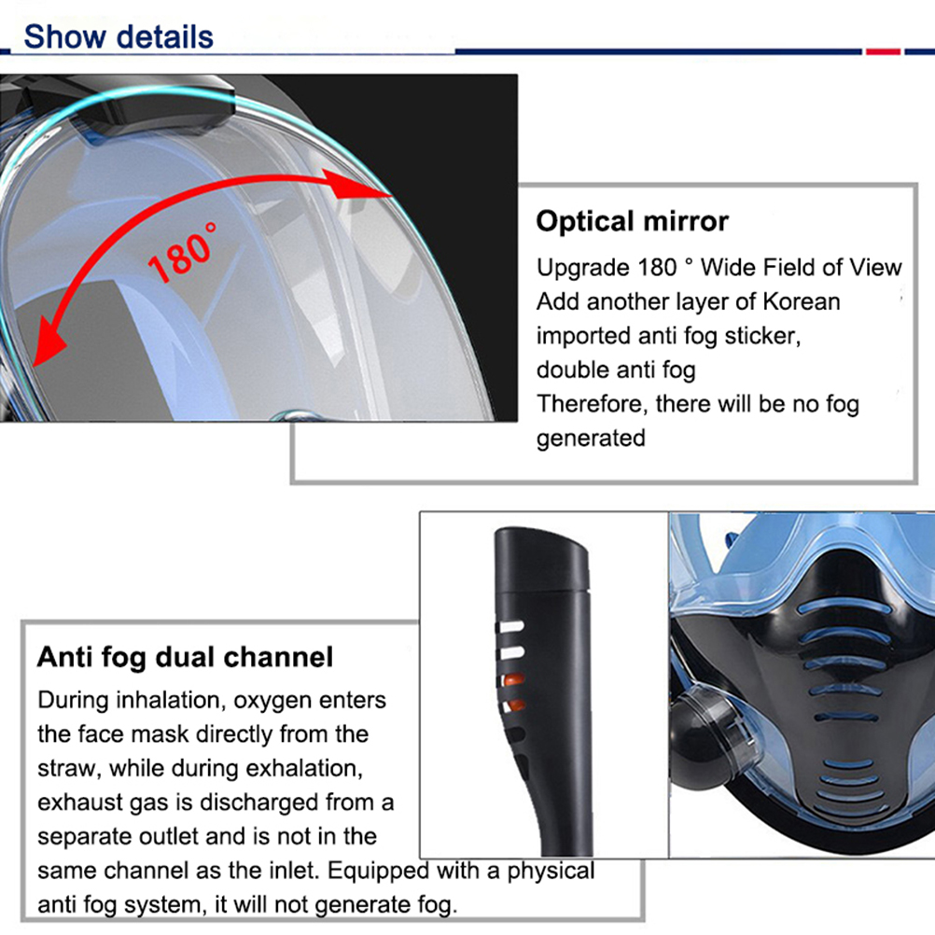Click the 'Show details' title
point(119,37)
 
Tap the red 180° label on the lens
point(182,253)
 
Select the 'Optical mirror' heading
point(632,221)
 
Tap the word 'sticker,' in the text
point(762,336)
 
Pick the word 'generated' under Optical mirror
point(591,439)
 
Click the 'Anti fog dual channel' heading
point(185,657)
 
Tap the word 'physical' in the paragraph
point(551,872)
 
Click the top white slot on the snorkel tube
point(510,627)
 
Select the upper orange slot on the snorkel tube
point(513,679)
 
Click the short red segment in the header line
point(883,52)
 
